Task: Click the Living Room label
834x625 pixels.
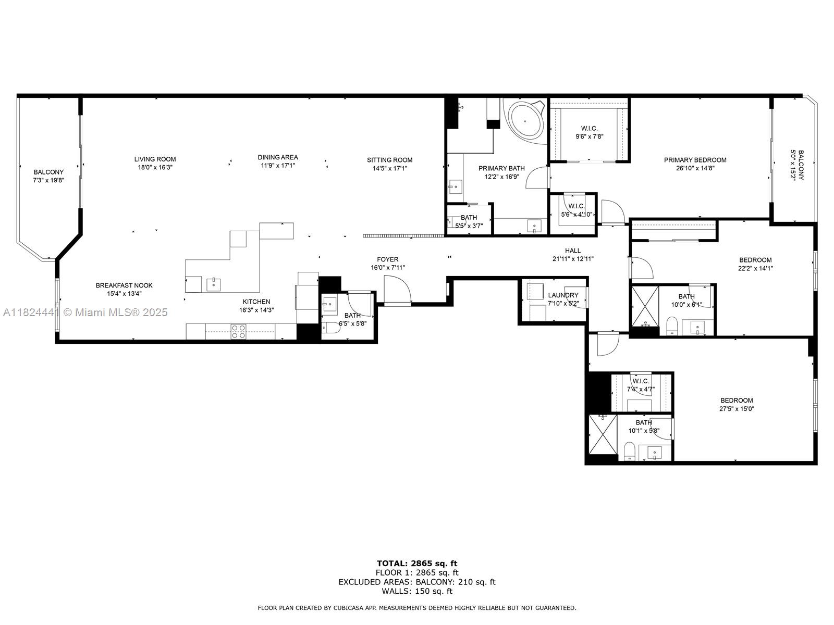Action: [155, 159]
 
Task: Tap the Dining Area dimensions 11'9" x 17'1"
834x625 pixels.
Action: [278, 166]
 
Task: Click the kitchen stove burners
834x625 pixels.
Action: [238, 332]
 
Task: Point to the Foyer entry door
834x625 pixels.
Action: [397, 290]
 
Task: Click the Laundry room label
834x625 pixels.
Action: [563, 295]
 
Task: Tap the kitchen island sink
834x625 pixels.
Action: [214, 284]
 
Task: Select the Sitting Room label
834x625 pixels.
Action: [389, 160]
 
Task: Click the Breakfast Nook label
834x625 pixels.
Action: [124, 285]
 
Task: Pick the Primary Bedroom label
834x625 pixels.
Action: [695, 160]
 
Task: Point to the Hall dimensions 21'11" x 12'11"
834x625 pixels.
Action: [573, 259]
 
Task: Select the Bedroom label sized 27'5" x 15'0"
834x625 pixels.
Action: [736, 400]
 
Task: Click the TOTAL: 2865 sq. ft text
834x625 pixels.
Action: [417, 563]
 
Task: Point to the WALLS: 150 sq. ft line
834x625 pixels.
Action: [417, 591]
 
